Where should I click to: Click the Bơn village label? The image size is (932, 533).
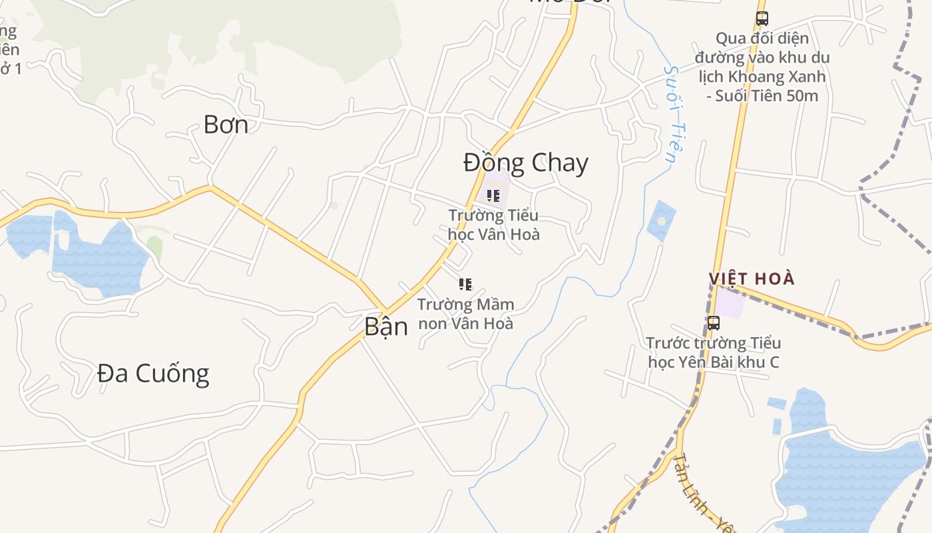(x=226, y=125)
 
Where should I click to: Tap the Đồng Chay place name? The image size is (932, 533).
(x=526, y=163)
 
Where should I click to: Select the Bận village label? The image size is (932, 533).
(x=386, y=326)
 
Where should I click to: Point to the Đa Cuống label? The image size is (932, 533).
(x=153, y=373)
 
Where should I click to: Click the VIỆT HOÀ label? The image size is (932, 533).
(x=752, y=278)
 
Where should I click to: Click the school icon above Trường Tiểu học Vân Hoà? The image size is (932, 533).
(x=493, y=195)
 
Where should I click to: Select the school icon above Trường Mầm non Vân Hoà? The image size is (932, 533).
(x=465, y=284)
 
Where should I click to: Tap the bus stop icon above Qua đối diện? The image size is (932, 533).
(x=762, y=19)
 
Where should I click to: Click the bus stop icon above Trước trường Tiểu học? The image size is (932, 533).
(x=714, y=323)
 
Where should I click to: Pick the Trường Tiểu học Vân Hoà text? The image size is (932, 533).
(x=493, y=225)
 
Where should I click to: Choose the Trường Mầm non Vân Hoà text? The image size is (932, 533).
(x=466, y=314)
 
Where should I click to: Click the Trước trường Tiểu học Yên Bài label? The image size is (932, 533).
(x=714, y=352)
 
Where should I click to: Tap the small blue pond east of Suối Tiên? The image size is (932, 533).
(x=661, y=220)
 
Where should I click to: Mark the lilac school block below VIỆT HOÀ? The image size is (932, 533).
(x=731, y=303)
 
